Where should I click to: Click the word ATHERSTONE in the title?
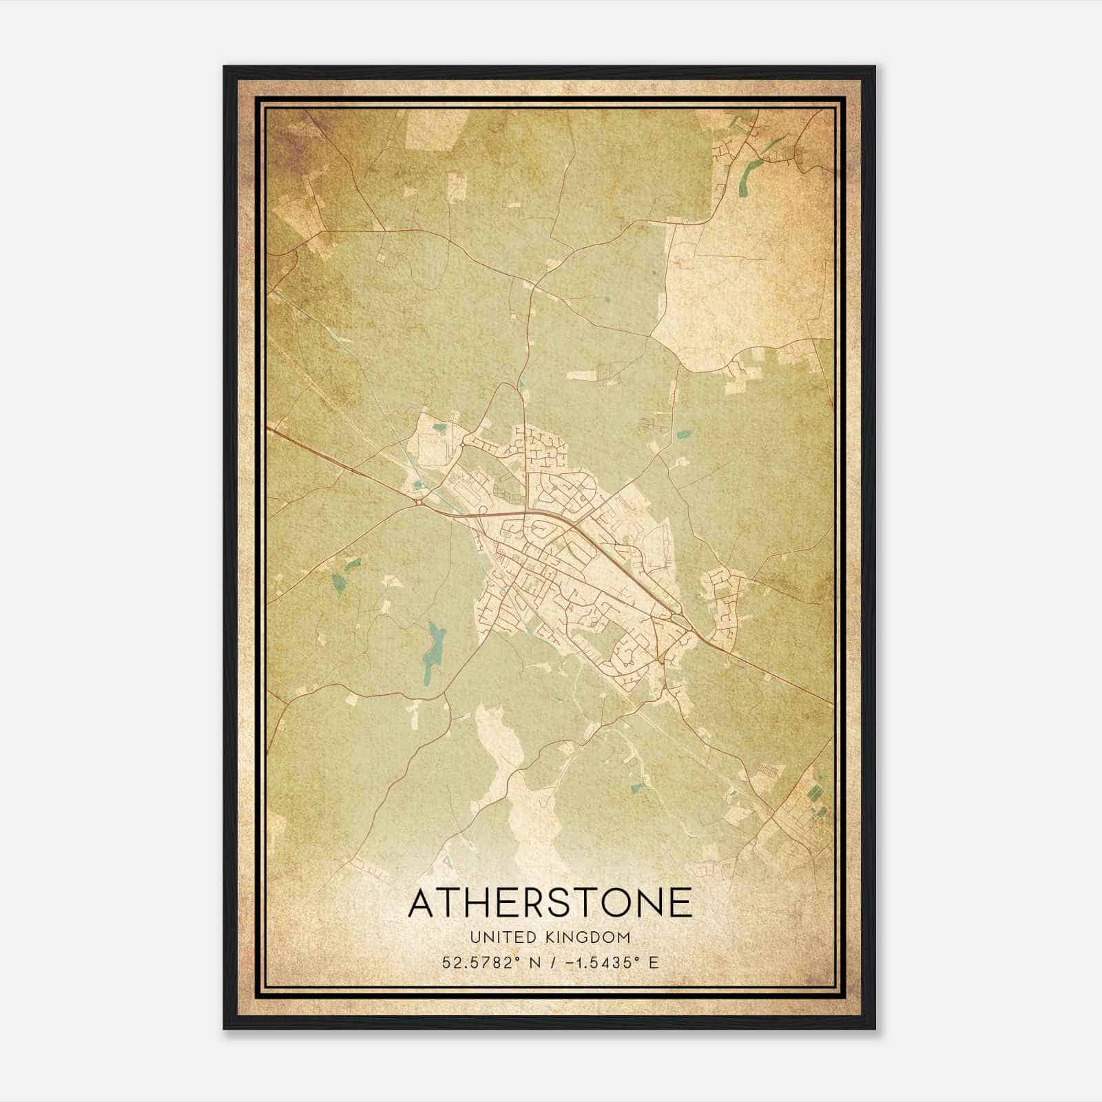[x=550, y=903]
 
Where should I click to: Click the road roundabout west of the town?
[x=419, y=503]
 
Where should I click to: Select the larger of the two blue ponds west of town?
[x=338, y=583]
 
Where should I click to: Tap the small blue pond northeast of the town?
[x=684, y=435]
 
